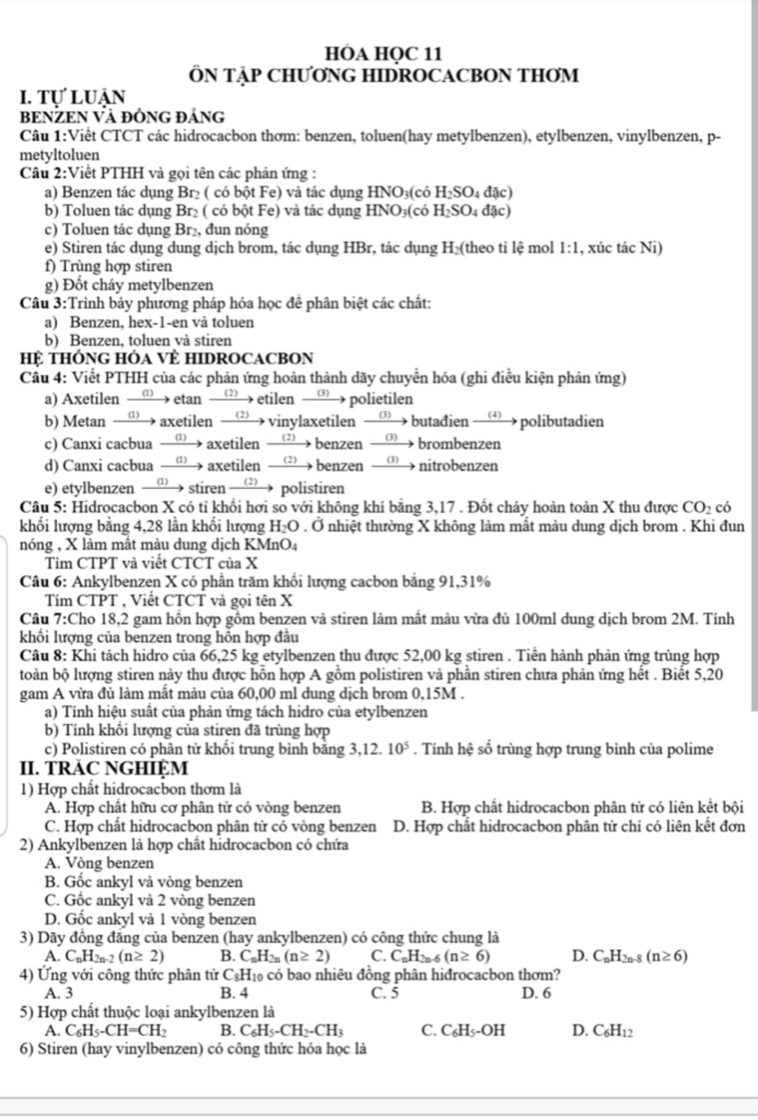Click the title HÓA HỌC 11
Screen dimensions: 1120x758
pos(383,54)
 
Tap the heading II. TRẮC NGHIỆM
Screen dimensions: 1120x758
pos(104,768)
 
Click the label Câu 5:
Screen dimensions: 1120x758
pos(44,508)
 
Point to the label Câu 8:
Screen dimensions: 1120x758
pos(44,656)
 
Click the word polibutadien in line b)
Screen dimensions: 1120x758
pos(562,422)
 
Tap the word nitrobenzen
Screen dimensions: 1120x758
pos(458,466)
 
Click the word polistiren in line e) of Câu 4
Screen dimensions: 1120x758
pos(313,489)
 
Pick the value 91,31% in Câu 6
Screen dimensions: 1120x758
pos(465,581)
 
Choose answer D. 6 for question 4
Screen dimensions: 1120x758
pos(537,993)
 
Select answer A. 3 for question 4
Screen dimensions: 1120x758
pos(59,993)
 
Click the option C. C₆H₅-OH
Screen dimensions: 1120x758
pos(463,1030)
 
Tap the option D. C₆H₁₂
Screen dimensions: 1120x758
pos(603,1030)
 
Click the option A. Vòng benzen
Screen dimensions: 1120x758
pos(99,863)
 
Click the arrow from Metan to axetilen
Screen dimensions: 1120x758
pos(133,421)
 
